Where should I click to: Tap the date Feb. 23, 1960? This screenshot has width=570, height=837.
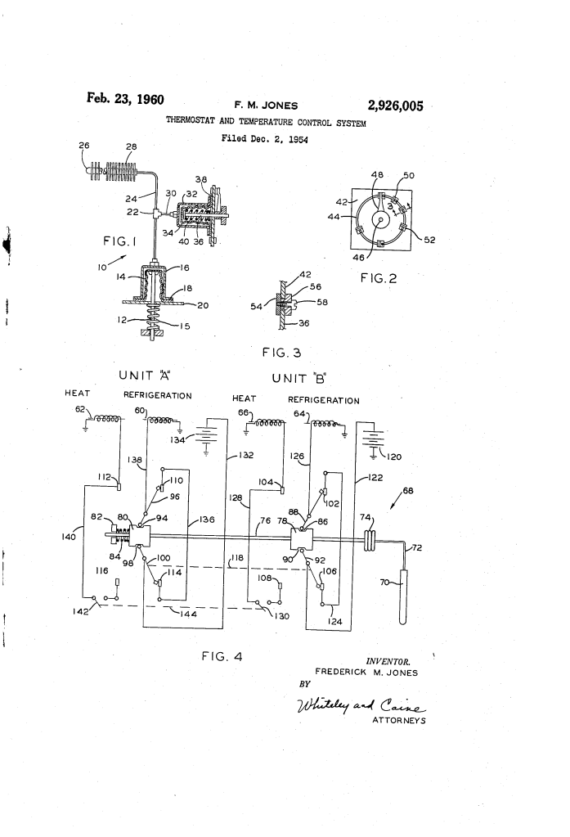coord(125,101)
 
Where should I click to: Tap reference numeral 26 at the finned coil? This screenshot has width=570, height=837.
coord(84,146)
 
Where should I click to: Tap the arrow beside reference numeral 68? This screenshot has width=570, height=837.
coord(400,499)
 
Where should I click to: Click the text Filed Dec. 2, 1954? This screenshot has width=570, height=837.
coord(261,138)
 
